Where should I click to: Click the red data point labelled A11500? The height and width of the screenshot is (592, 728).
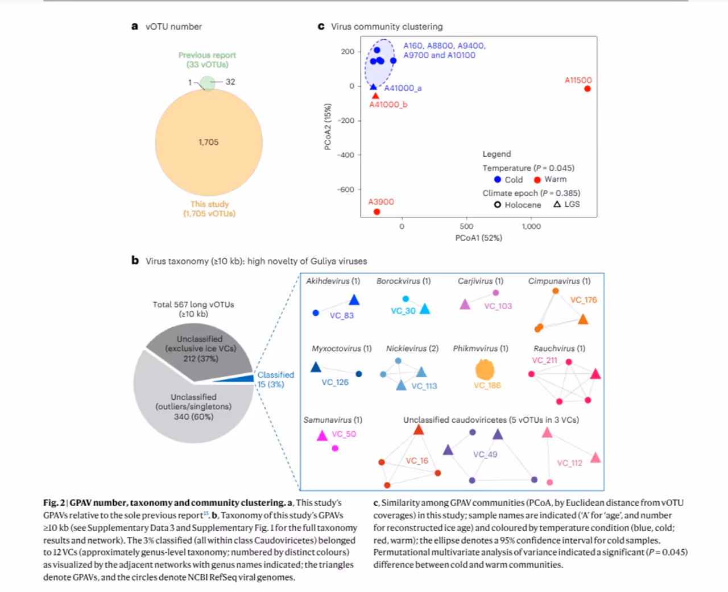[587, 89]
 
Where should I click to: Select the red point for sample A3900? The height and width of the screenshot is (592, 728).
[377, 212]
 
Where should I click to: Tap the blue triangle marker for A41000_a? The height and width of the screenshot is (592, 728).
[373, 87]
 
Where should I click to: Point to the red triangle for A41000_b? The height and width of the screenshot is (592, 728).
[375, 95]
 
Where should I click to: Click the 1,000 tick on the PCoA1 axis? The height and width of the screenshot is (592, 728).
[531, 226]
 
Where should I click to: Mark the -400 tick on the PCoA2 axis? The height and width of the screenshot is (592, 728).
[345, 155]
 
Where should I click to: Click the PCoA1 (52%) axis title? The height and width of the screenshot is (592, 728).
[478, 238]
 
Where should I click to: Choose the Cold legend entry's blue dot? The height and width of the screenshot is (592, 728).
[498, 180]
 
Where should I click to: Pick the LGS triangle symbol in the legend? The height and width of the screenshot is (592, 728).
[557, 204]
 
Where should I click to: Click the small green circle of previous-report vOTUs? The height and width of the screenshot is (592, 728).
[208, 83]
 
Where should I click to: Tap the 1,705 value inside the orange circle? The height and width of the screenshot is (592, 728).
[208, 142]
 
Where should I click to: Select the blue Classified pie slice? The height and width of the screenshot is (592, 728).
[236, 378]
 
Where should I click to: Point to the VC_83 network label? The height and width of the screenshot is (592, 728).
[341, 315]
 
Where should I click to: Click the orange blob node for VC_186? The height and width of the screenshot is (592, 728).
[485, 370]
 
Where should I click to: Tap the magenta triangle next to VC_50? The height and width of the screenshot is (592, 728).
[322, 436]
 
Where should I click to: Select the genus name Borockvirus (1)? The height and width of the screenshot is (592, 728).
[403, 281]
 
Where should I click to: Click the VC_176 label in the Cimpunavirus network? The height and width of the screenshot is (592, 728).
[584, 299]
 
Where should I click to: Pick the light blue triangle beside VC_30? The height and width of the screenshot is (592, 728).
[425, 309]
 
